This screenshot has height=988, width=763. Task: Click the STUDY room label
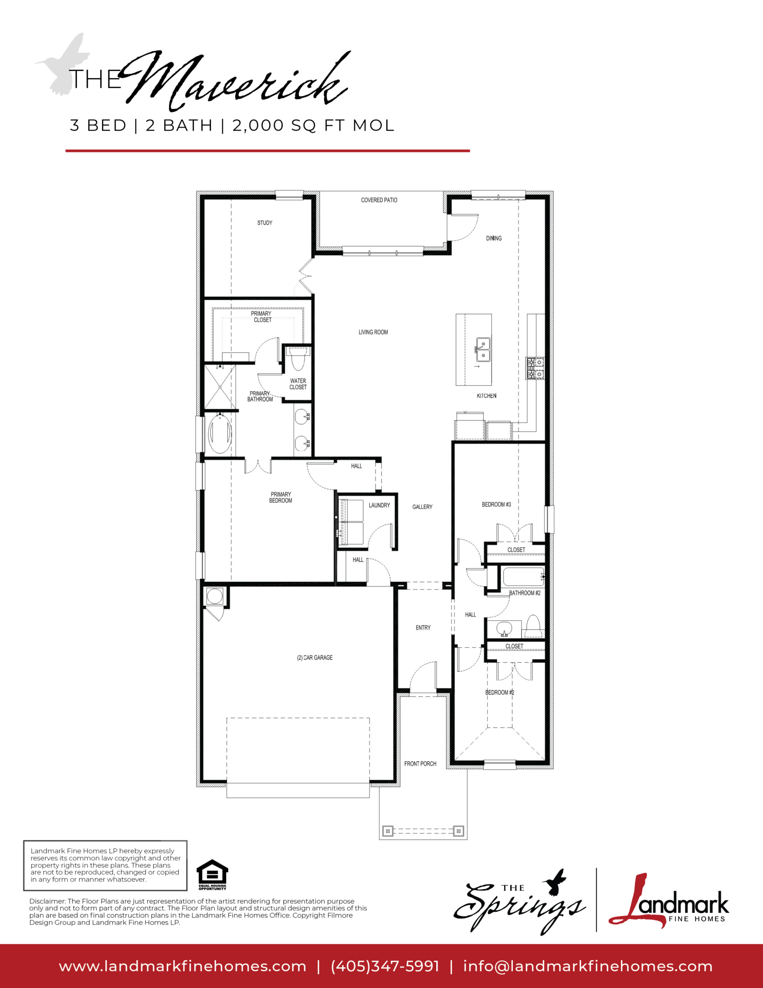pyautogui.click(x=265, y=223)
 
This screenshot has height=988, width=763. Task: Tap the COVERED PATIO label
pyautogui.click(x=379, y=200)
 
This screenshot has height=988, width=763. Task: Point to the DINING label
pyautogui.click(x=494, y=238)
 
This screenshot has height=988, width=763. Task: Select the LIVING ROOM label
pyautogui.click(x=373, y=332)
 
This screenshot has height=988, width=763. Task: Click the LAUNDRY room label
pyautogui.click(x=379, y=505)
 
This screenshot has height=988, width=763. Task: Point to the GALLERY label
pyautogui.click(x=422, y=507)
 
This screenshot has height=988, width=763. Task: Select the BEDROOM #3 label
pyautogui.click(x=496, y=505)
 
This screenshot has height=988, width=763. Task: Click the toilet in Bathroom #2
pyautogui.click(x=533, y=626)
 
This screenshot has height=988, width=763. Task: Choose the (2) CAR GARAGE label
pyautogui.click(x=315, y=657)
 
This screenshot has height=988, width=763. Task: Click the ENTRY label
pyautogui.click(x=423, y=628)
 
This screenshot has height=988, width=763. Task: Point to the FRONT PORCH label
pyautogui.click(x=420, y=763)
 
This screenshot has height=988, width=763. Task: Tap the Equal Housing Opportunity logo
pyautogui.click(x=212, y=875)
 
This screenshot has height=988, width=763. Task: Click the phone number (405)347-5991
pyautogui.click(x=385, y=967)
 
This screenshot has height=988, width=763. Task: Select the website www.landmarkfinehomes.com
pyautogui.click(x=182, y=967)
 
